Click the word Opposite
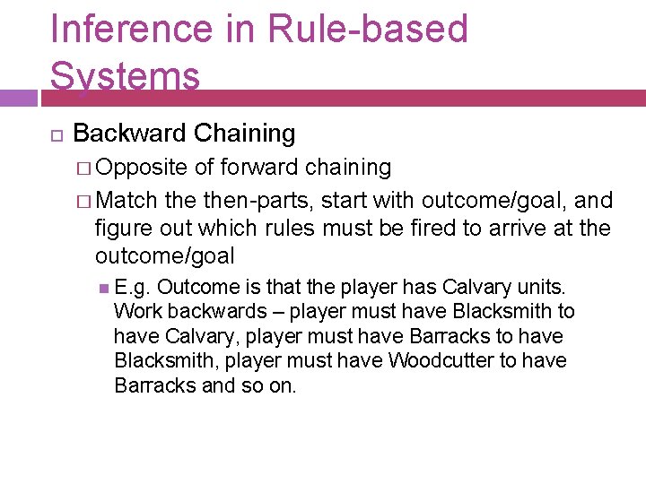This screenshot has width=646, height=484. coord(142,168)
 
